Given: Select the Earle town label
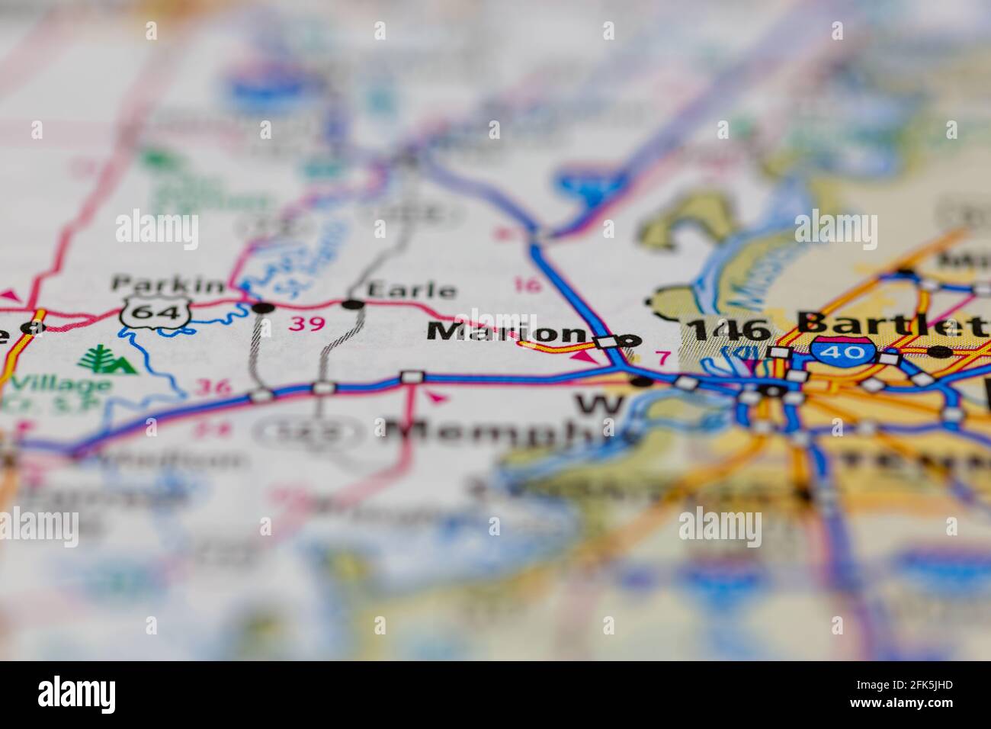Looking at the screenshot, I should [412, 291].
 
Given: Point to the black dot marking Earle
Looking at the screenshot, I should [353, 305].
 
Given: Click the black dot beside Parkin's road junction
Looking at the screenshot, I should [263, 308].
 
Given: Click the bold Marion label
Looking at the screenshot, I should [505, 332].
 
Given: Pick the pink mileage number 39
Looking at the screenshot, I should [307, 324].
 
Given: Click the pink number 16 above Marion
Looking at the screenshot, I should [528, 286].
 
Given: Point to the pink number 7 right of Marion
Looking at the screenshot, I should [662, 357].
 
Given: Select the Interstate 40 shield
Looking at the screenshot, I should [838, 352].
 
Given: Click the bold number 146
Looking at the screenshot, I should [729, 330].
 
